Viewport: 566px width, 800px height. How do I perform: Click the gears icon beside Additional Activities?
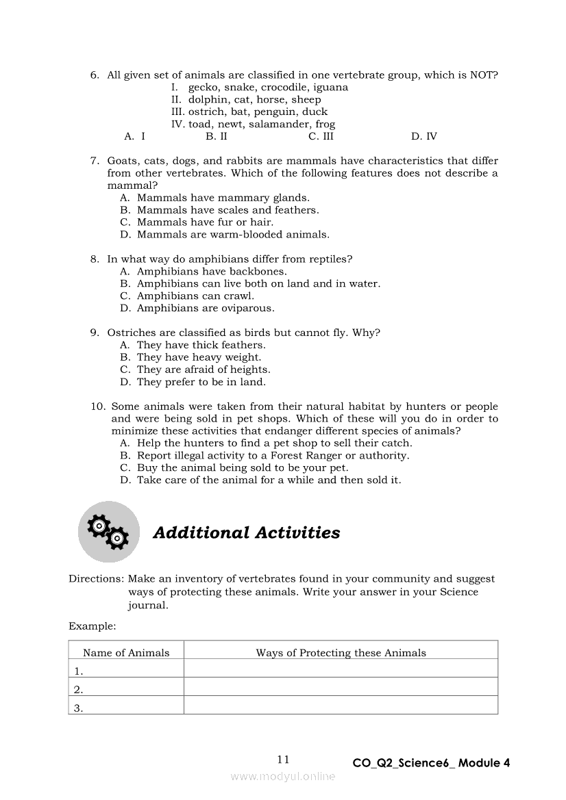coord(109,532)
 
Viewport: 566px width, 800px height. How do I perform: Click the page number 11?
coord(284,759)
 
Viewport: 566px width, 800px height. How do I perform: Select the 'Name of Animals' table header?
coord(126,653)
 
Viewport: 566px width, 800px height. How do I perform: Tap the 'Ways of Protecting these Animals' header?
coord(341,653)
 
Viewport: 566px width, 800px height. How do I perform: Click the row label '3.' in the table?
coord(78,708)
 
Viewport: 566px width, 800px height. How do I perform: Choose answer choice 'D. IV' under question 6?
coord(423,136)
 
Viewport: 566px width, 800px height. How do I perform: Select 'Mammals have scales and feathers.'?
coord(227,210)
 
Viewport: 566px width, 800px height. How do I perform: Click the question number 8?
coord(95,259)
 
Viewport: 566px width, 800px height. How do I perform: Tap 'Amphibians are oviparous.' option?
coord(205,309)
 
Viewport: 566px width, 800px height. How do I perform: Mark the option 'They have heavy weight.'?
coord(199,357)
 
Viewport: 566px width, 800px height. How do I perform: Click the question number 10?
coord(97,407)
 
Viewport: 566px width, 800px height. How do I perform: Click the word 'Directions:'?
coord(95,579)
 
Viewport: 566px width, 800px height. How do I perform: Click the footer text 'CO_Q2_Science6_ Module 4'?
coord(431,763)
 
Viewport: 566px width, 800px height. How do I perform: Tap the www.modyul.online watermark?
coord(283,777)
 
